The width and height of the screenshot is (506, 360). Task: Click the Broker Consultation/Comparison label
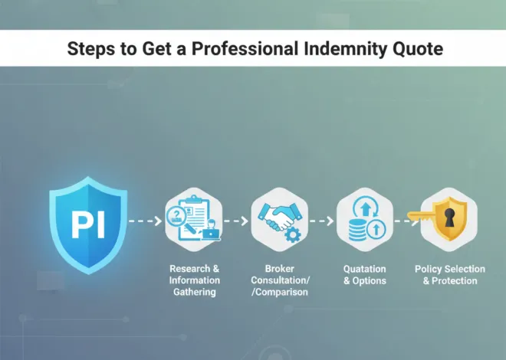[x=279, y=280]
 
